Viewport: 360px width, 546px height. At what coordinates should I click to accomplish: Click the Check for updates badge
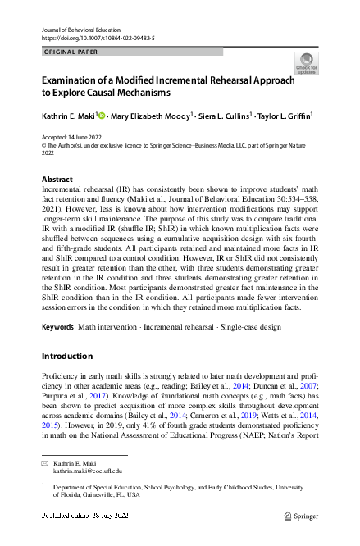pos(306,63)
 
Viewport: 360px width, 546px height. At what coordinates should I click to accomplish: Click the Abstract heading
pos(57,179)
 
